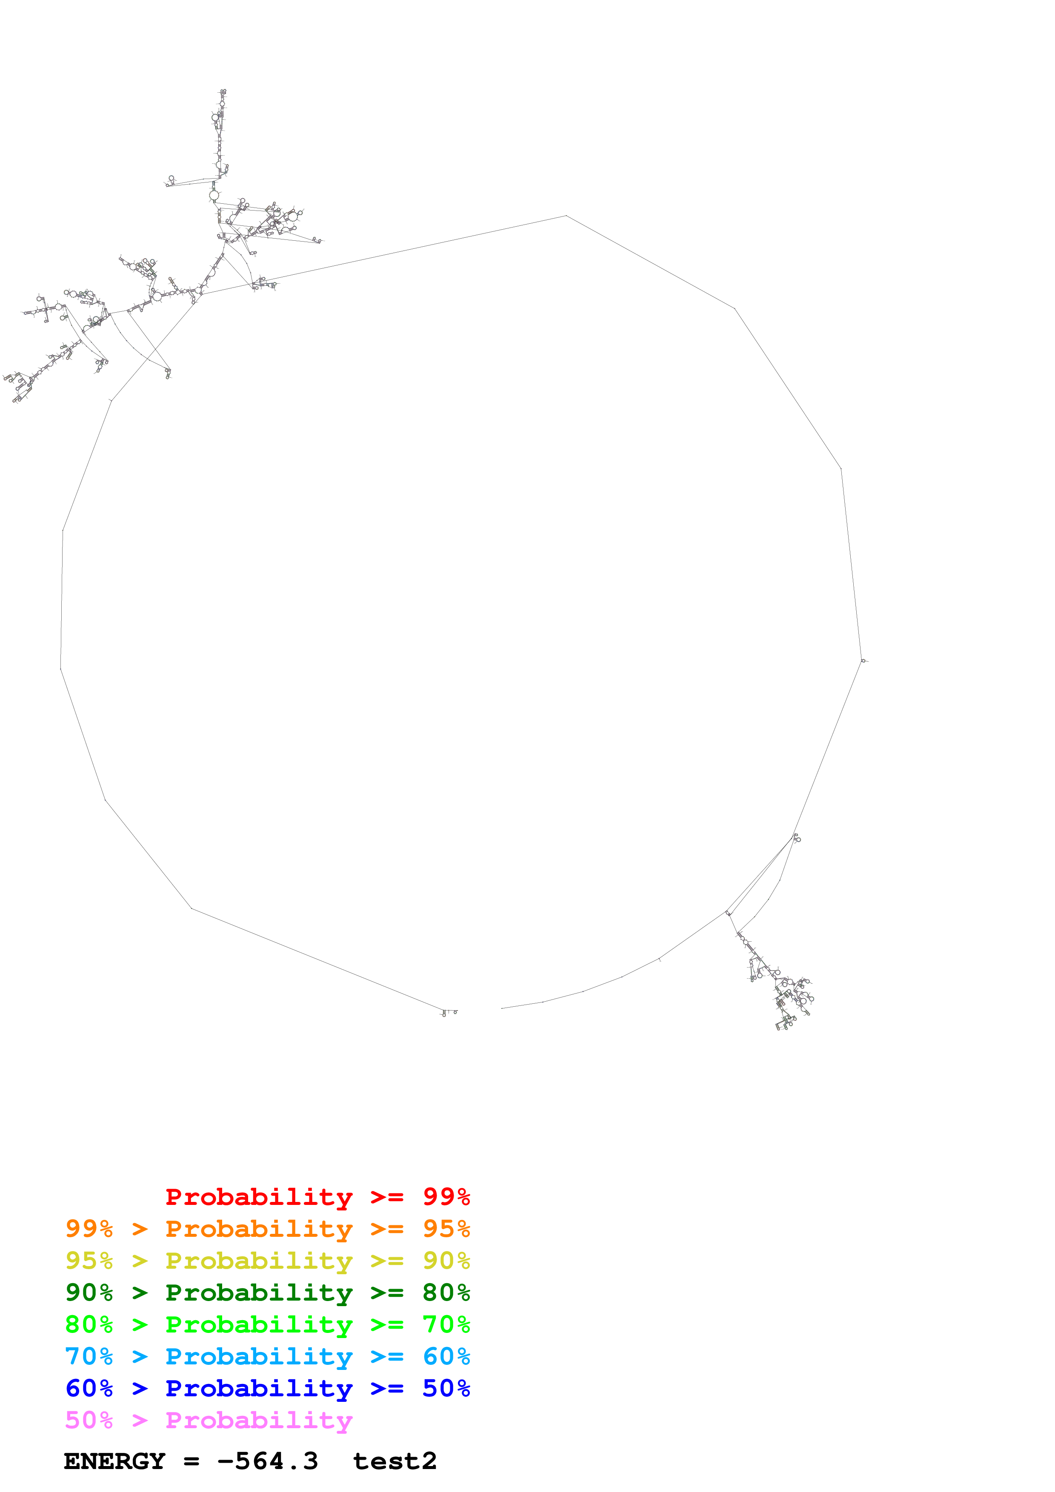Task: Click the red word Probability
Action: [259, 1197]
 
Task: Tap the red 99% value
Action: [446, 1197]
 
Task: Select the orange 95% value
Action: [446, 1229]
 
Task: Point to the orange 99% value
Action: [89, 1229]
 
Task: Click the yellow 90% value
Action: [446, 1261]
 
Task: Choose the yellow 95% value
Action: [89, 1261]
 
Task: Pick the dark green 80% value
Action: [446, 1293]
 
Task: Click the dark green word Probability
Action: [259, 1293]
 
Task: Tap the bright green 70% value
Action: [446, 1324]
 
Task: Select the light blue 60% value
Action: [446, 1356]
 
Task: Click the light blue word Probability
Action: [259, 1356]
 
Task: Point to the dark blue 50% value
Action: [446, 1388]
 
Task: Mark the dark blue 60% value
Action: [89, 1388]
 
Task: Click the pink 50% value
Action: [89, 1420]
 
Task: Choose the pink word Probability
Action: [259, 1420]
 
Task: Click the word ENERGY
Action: [114, 1461]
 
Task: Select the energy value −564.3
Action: [268, 1461]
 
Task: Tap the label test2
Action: [395, 1461]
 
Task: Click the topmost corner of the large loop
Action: [566, 216]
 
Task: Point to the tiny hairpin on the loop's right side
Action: [863, 661]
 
